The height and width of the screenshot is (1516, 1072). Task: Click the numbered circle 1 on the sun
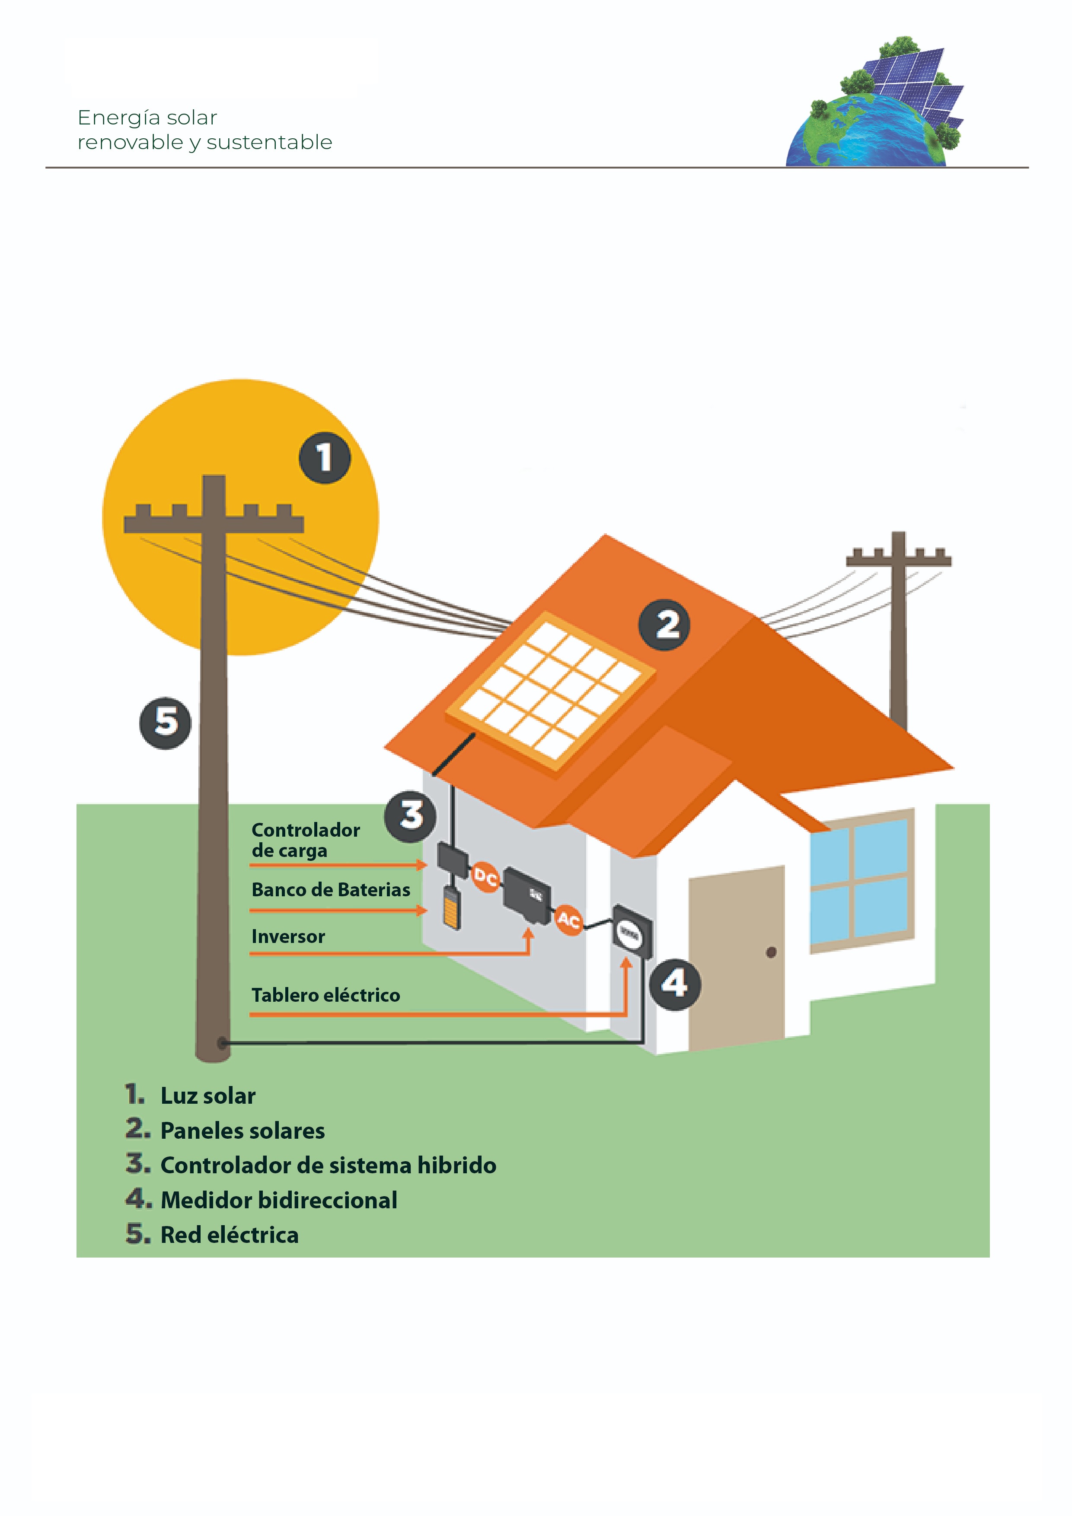pos(324,458)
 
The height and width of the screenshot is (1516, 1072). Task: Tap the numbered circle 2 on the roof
pos(664,624)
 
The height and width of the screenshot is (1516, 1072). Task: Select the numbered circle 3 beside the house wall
pos(410,816)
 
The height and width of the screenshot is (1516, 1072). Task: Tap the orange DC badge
pos(485,877)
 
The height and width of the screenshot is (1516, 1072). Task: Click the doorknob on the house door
pos(771,952)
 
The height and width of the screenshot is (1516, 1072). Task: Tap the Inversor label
pos(288,937)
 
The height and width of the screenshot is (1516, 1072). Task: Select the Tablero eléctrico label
pos(325,995)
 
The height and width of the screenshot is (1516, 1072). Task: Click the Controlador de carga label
pos(305,840)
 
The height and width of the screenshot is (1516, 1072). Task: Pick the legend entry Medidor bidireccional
pos(279,1201)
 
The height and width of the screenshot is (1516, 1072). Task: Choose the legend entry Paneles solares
pos(242,1131)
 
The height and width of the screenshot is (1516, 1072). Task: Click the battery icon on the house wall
pos(452,908)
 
